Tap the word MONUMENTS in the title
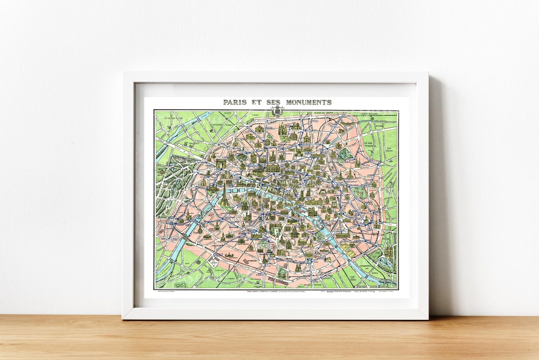click(308, 102)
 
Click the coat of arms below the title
click(276, 111)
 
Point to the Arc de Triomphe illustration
click(221, 163)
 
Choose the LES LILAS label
click(389, 149)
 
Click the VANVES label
click(218, 272)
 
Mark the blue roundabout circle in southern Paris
click(309, 261)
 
